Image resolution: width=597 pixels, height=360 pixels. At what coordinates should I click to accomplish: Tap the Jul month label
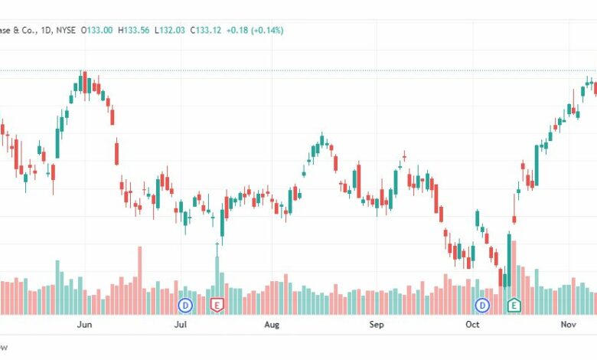coord(180,325)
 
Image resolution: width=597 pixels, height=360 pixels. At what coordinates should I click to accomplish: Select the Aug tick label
coord(272,325)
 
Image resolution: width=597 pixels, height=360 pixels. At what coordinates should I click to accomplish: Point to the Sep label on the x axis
coord(376,325)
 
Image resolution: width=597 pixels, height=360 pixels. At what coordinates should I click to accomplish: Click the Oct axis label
coord(472,325)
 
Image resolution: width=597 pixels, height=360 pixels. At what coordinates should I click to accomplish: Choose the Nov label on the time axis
coord(568,325)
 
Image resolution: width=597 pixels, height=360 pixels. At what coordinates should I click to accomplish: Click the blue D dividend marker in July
coord(185,306)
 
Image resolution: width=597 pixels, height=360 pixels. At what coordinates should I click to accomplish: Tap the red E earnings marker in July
coord(217,306)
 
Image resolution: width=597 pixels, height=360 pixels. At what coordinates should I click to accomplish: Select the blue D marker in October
coord(483,306)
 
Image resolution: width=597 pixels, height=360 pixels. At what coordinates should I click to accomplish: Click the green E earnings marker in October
coord(514,306)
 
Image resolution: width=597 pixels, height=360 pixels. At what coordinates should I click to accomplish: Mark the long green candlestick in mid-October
coord(508,260)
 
